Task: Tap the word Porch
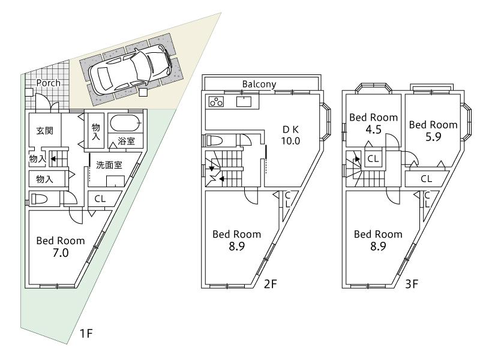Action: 48,83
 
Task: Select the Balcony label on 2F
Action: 260,84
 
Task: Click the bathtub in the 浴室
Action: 125,125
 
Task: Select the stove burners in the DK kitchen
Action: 216,102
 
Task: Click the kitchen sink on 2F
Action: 244,101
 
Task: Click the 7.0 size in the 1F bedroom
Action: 61,253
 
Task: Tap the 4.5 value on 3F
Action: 374,128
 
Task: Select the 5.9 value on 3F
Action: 433,136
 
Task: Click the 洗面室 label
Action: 109,164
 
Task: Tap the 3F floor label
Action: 411,284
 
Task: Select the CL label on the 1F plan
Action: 100,199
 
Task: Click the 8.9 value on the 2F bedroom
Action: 236,245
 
